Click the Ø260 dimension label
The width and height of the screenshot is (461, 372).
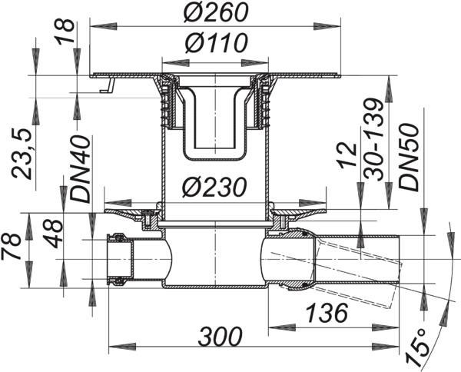coord(215,12)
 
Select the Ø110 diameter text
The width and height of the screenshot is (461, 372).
coord(215,43)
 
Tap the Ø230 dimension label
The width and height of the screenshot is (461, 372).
coord(214,188)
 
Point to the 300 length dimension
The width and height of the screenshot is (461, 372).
coord(221,336)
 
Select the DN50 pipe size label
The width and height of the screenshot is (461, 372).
coord(409,158)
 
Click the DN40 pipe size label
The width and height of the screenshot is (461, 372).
coord(80,169)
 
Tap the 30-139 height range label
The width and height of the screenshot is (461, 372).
coord(373,139)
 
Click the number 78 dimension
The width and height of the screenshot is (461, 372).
coord(11,247)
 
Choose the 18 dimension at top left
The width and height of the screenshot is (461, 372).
coord(65,32)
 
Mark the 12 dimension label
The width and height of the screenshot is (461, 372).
coord(347,156)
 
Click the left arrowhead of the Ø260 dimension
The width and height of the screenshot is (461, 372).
coord(104,26)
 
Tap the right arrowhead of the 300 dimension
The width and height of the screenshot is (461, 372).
coord(385,347)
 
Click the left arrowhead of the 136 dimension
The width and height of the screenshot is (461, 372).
coord(282,327)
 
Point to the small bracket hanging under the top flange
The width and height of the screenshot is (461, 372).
coord(107,85)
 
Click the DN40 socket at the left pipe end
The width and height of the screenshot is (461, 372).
coord(120,259)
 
